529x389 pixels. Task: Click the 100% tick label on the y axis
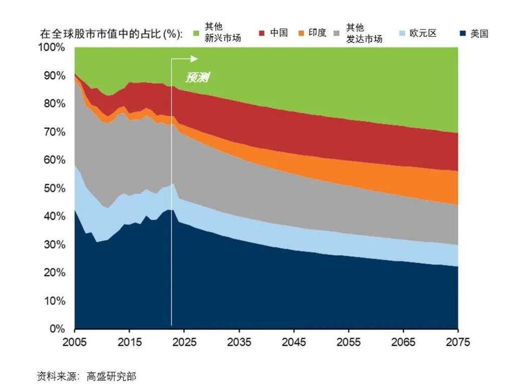point(52,48)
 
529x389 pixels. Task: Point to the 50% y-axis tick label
point(54,188)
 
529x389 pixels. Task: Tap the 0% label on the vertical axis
point(57,329)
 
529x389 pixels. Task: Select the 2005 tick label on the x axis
point(74,342)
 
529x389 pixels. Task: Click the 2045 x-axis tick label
point(294,342)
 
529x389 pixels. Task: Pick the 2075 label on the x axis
point(458,342)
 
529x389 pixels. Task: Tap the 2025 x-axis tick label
point(184,342)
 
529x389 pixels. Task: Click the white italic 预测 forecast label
point(197,78)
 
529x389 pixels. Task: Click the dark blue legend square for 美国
point(462,33)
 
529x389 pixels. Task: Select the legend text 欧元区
point(423,33)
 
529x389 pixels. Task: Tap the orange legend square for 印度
point(302,33)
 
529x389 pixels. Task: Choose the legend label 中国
point(279,33)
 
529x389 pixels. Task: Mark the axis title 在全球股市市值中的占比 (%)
point(111,34)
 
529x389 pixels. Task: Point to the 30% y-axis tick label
point(54,245)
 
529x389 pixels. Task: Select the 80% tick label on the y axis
point(54,104)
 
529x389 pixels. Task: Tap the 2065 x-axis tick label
point(403,342)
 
